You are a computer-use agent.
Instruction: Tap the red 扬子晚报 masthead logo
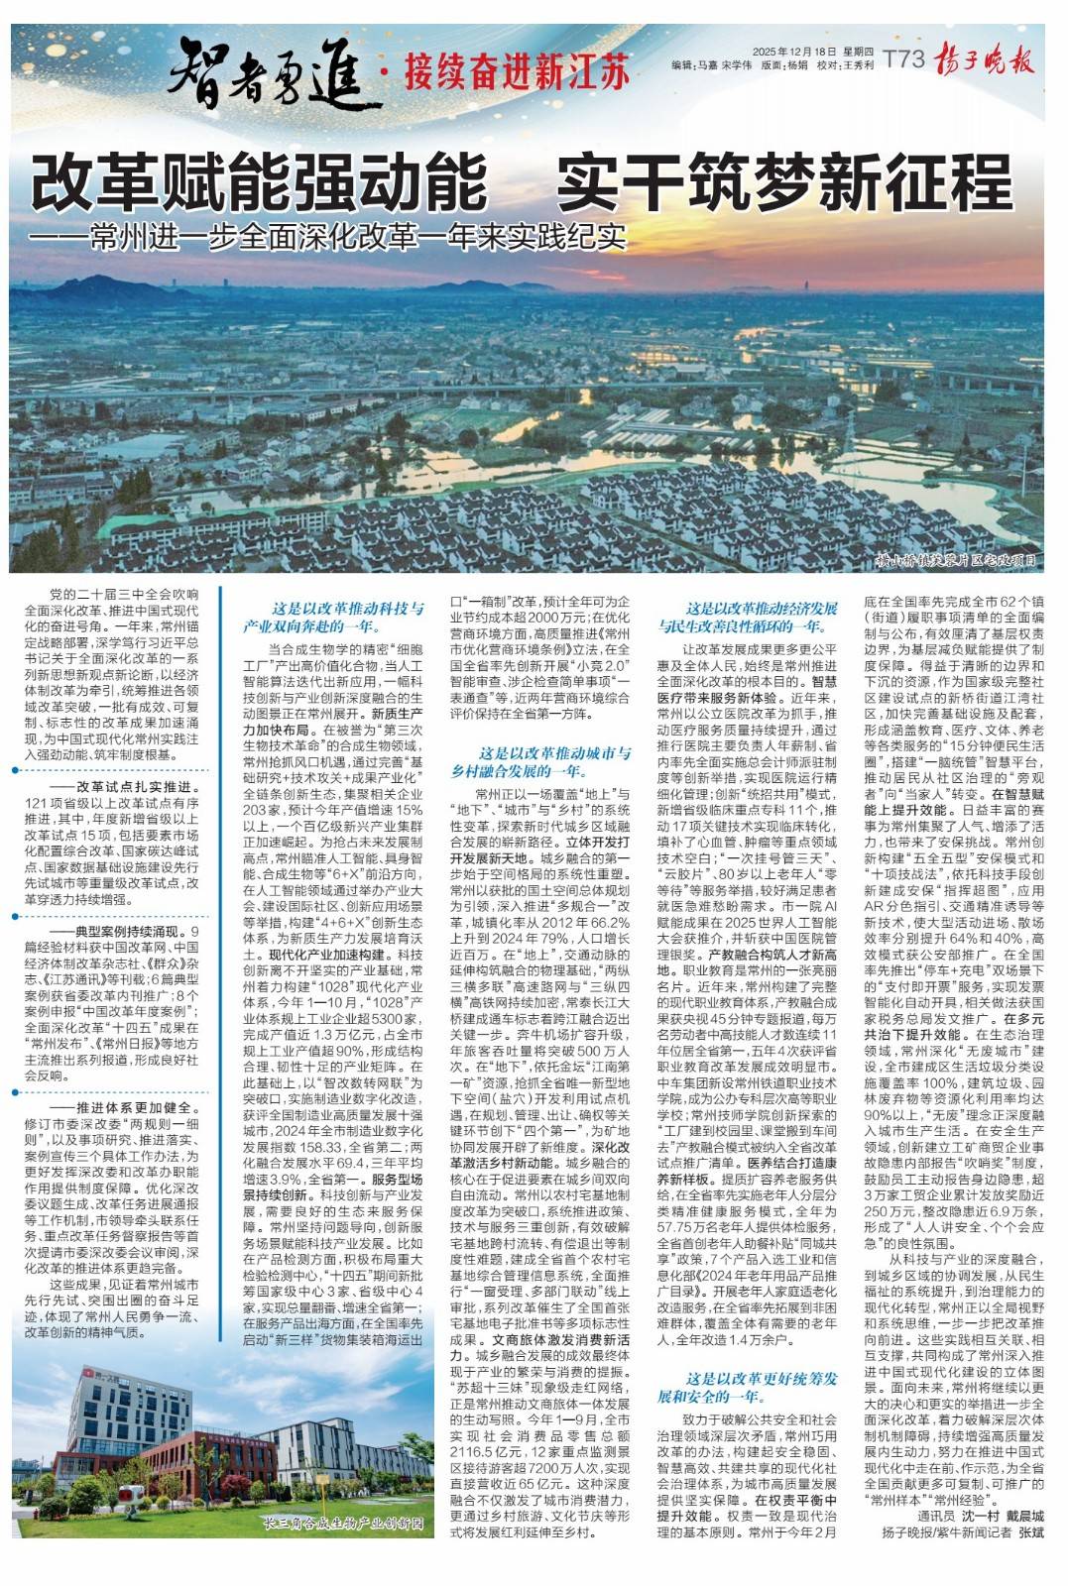[985, 60]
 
